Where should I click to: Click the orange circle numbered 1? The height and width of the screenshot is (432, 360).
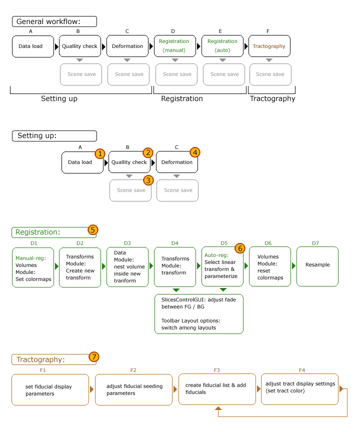[100, 153]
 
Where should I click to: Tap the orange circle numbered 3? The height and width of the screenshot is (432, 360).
[147, 180]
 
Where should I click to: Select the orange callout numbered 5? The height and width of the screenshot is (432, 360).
[93, 230]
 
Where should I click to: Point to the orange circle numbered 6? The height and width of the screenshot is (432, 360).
[240, 248]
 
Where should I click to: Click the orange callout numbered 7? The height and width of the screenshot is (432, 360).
[94, 357]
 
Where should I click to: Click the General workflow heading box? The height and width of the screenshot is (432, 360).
[54, 21]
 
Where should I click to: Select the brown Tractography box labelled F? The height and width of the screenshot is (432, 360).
[269, 46]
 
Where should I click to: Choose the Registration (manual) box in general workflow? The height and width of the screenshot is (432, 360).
[174, 46]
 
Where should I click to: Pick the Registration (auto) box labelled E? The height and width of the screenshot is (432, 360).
[222, 46]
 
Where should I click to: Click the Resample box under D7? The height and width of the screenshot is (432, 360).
[317, 266]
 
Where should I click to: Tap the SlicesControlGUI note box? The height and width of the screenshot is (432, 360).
[198, 313]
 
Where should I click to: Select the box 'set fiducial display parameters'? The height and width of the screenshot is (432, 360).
[50, 389]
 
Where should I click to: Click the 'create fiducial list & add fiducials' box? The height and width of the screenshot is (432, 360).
[216, 389]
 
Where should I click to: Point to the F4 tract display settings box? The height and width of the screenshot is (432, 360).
[299, 389]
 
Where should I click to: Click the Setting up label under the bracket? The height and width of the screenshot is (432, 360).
[59, 98]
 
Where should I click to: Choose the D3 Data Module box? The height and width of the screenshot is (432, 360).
[127, 266]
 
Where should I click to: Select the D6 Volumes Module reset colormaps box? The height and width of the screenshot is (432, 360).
[270, 266]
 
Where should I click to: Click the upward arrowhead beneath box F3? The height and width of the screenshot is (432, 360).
[218, 409]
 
